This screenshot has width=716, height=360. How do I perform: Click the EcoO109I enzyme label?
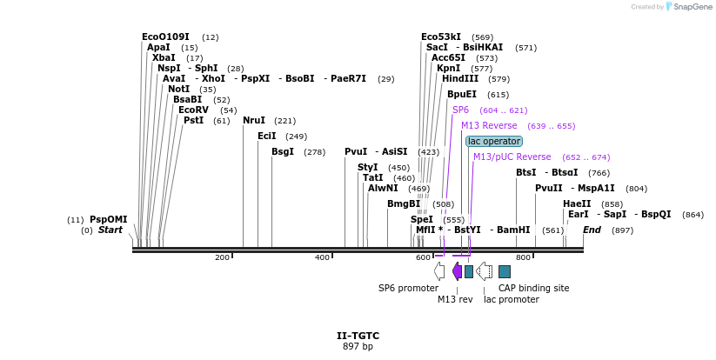coord(165,37)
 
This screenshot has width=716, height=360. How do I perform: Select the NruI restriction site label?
coord(254,120)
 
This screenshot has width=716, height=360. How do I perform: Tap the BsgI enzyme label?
coord(283,151)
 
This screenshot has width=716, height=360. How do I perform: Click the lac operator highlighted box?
coord(494,141)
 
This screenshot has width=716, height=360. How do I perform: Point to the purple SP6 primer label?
coord(460,110)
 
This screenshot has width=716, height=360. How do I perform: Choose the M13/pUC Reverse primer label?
coord(512,157)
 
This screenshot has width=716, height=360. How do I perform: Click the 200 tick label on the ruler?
coord(222,257)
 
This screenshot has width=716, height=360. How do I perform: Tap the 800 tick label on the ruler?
coord(523,257)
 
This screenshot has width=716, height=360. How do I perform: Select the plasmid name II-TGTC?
coord(358,336)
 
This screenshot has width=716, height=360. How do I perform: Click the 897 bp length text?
coord(358,346)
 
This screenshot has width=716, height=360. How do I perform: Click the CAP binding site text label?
coord(533,288)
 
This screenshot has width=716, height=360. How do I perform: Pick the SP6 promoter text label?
coord(408,288)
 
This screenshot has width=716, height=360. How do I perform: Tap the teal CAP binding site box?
coord(505,271)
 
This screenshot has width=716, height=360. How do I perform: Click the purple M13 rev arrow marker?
coord(457,271)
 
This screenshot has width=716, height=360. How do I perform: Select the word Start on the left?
coord(110,230)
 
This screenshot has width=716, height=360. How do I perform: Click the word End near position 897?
coord(592,230)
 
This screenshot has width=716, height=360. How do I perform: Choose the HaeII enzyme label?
coord(577,203)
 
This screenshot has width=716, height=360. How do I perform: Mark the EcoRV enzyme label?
coord(193,110)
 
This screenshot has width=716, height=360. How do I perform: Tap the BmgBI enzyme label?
coord(404,203)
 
